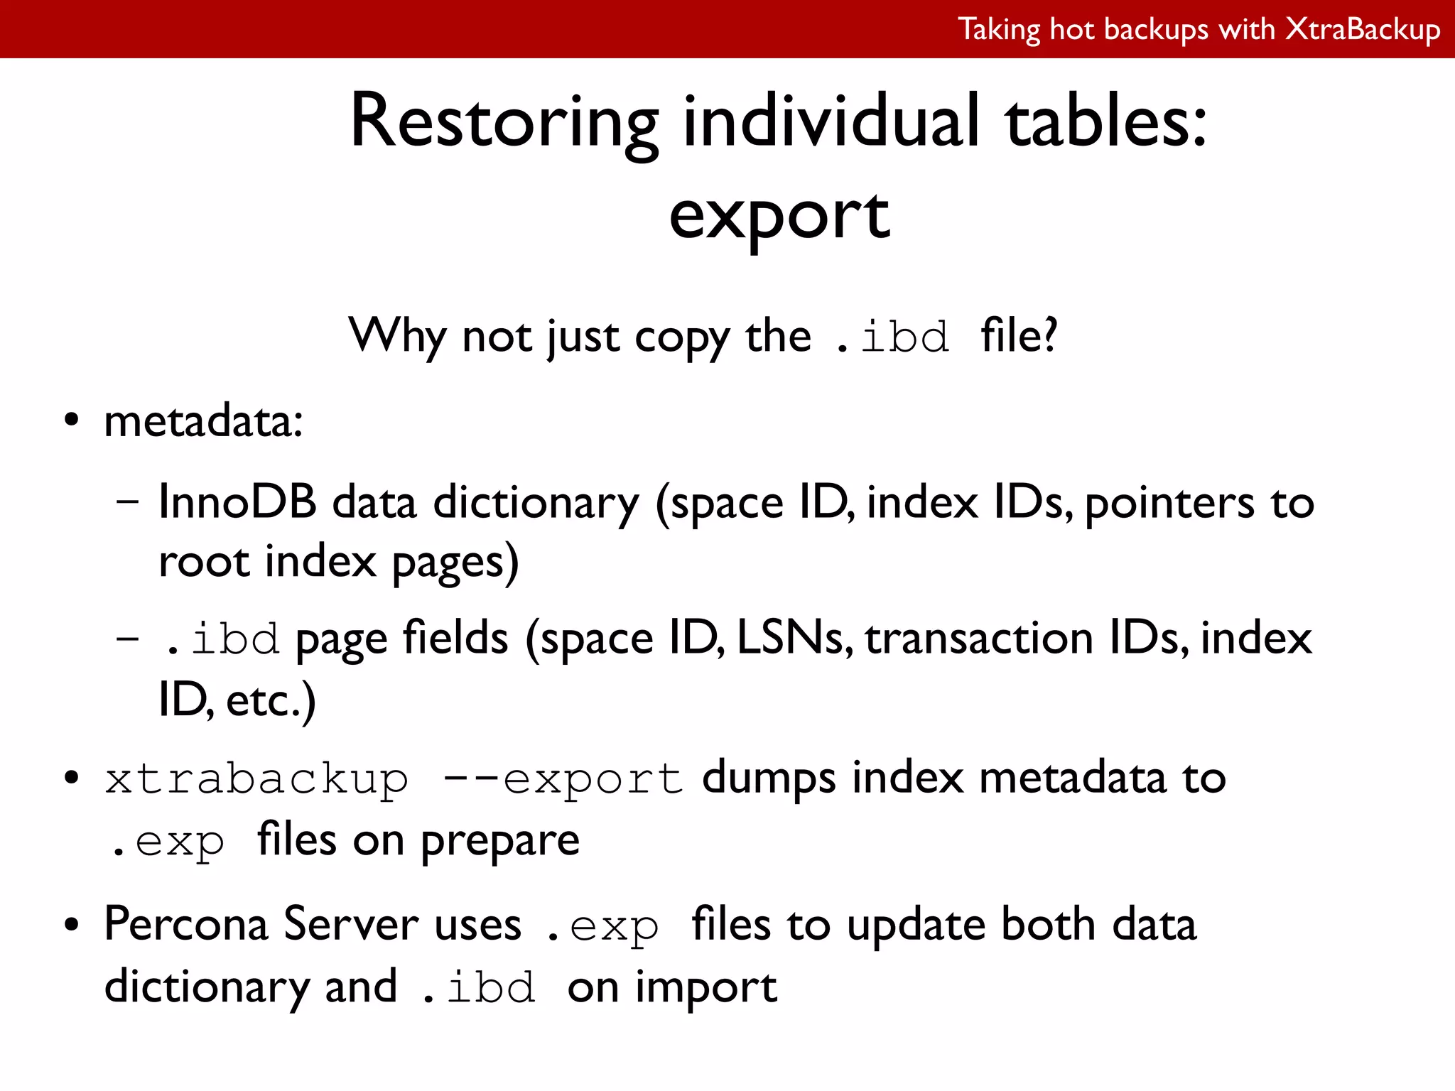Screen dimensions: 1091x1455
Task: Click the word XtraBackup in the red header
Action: [x=1363, y=30]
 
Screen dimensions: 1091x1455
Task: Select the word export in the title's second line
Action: [x=779, y=216]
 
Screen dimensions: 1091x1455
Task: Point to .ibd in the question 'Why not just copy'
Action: [x=892, y=338]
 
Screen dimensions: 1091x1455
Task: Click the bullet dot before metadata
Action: [x=71, y=420]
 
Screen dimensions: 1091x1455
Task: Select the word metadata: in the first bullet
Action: [x=204, y=422]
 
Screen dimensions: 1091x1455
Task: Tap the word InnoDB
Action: [x=237, y=502]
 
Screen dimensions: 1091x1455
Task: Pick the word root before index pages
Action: [x=203, y=562]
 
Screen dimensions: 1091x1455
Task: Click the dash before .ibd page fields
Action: [x=127, y=638]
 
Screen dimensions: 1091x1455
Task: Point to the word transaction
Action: [x=979, y=638]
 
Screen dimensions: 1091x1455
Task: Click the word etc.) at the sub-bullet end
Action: [x=271, y=701]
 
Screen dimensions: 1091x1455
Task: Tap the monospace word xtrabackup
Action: [x=256, y=779]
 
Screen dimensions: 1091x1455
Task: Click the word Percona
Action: [x=186, y=925]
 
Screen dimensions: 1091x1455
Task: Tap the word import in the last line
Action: [x=706, y=988]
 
